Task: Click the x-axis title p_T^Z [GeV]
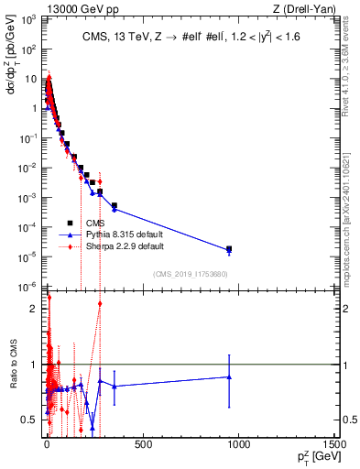pyautogui.click(x=311, y=457)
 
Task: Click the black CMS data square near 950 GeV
pyautogui.click(x=229, y=248)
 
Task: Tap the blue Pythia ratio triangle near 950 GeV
pyautogui.click(x=229, y=376)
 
